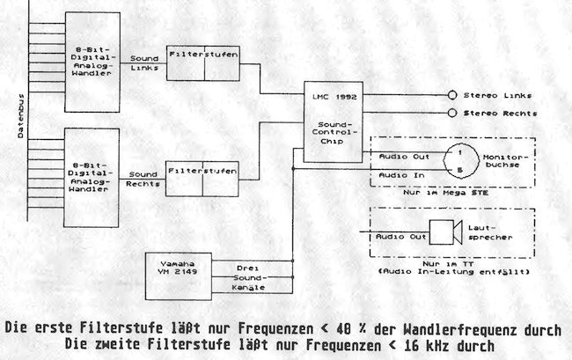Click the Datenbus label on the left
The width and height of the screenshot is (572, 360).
[x=20, y=118]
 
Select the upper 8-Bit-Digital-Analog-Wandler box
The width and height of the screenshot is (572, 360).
[x=92, y=61]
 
